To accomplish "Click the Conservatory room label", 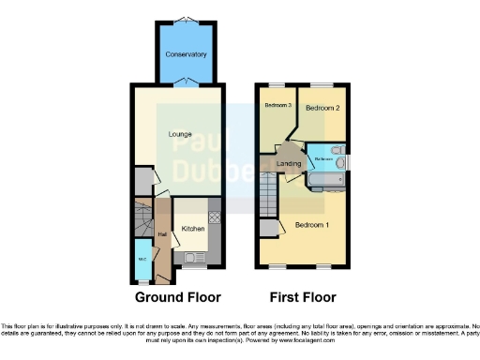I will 186,54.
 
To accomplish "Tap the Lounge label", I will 180,134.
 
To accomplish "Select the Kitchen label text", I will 193,229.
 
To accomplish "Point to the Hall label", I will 162,233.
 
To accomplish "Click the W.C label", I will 142,260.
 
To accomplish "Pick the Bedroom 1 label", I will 312,225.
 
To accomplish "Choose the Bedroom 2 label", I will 322,108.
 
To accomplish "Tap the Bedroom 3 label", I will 278,105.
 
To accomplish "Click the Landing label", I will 289,164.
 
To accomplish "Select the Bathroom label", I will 325,159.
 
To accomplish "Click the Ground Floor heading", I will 178,297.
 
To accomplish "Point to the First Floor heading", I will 304,297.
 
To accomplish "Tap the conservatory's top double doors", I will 185,18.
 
